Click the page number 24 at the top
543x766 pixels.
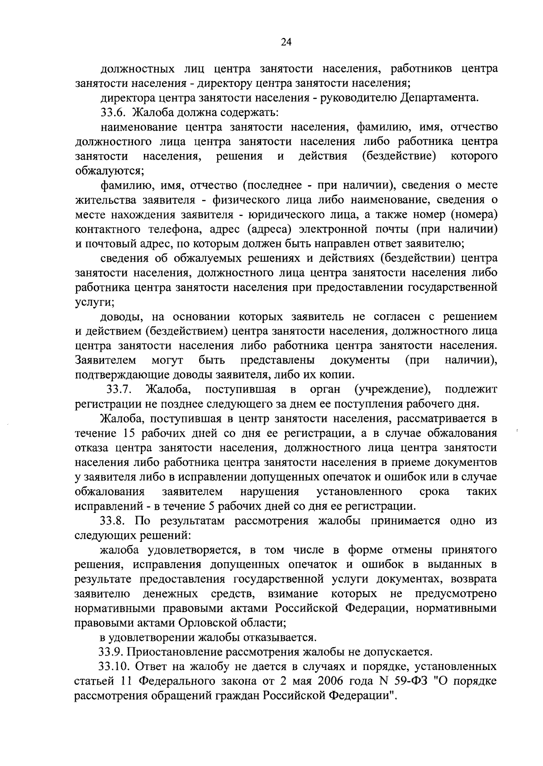(x=286, y=42)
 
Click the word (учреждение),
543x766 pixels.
(x=392, y=389)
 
